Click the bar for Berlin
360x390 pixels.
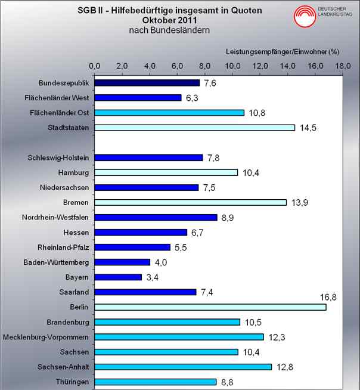coord(210,307)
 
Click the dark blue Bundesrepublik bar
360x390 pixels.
coord(147,82)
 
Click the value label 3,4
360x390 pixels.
coord(151,277)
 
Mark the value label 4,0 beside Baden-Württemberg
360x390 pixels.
coord(160,262)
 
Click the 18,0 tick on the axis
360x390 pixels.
coord(343,65)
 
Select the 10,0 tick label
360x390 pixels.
coord(233,65)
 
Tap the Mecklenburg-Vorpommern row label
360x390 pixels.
coord(46,337)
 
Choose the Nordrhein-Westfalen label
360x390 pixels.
coord(55,217)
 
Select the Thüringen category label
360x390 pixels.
coord(72,382)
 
